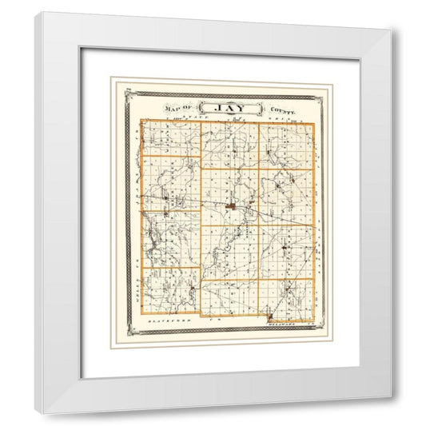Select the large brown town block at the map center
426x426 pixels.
point(230,206)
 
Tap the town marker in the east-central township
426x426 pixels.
point(280,185)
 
